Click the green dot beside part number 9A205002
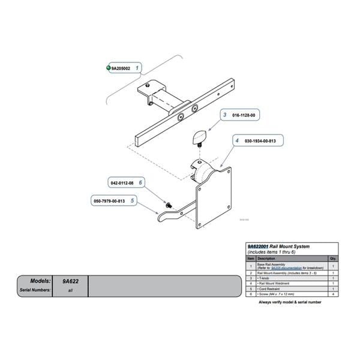click(x=108, y=68)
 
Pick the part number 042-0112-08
click(x=121, y=182)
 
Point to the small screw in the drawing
click(x=169, y=205)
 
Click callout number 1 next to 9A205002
click(x=137, y=68)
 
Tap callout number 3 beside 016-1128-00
click(x=224, y=114)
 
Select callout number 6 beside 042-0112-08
click(x=139, y=182)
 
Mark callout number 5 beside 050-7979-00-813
click(x=132, y=200)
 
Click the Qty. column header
click(x=333, y=259)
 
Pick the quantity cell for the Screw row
click(x=333, y=295)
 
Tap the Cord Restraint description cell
click(x=271, y=289)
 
